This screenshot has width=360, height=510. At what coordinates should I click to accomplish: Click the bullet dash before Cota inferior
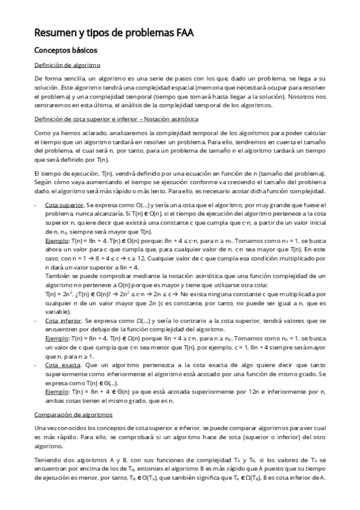coord(36,322)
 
